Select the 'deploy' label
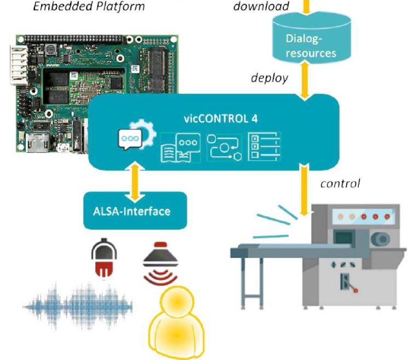tap(269, 78)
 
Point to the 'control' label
tap(340, 183)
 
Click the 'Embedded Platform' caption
tap(89, 7)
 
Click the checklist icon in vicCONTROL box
tap(263, 146)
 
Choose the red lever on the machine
tap(348, 285)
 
